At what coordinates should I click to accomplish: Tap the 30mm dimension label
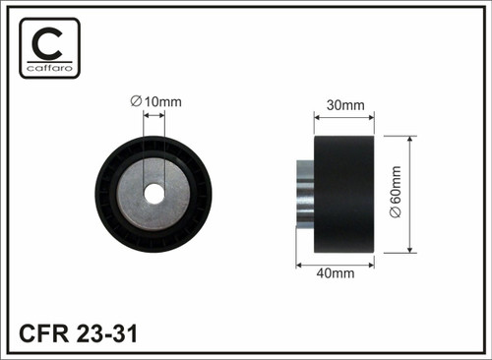(343, 105)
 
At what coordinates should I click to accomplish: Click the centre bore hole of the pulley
(154, 193)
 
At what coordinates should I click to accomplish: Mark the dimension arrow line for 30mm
(343, 116)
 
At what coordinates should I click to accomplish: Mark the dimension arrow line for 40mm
(335, 263)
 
